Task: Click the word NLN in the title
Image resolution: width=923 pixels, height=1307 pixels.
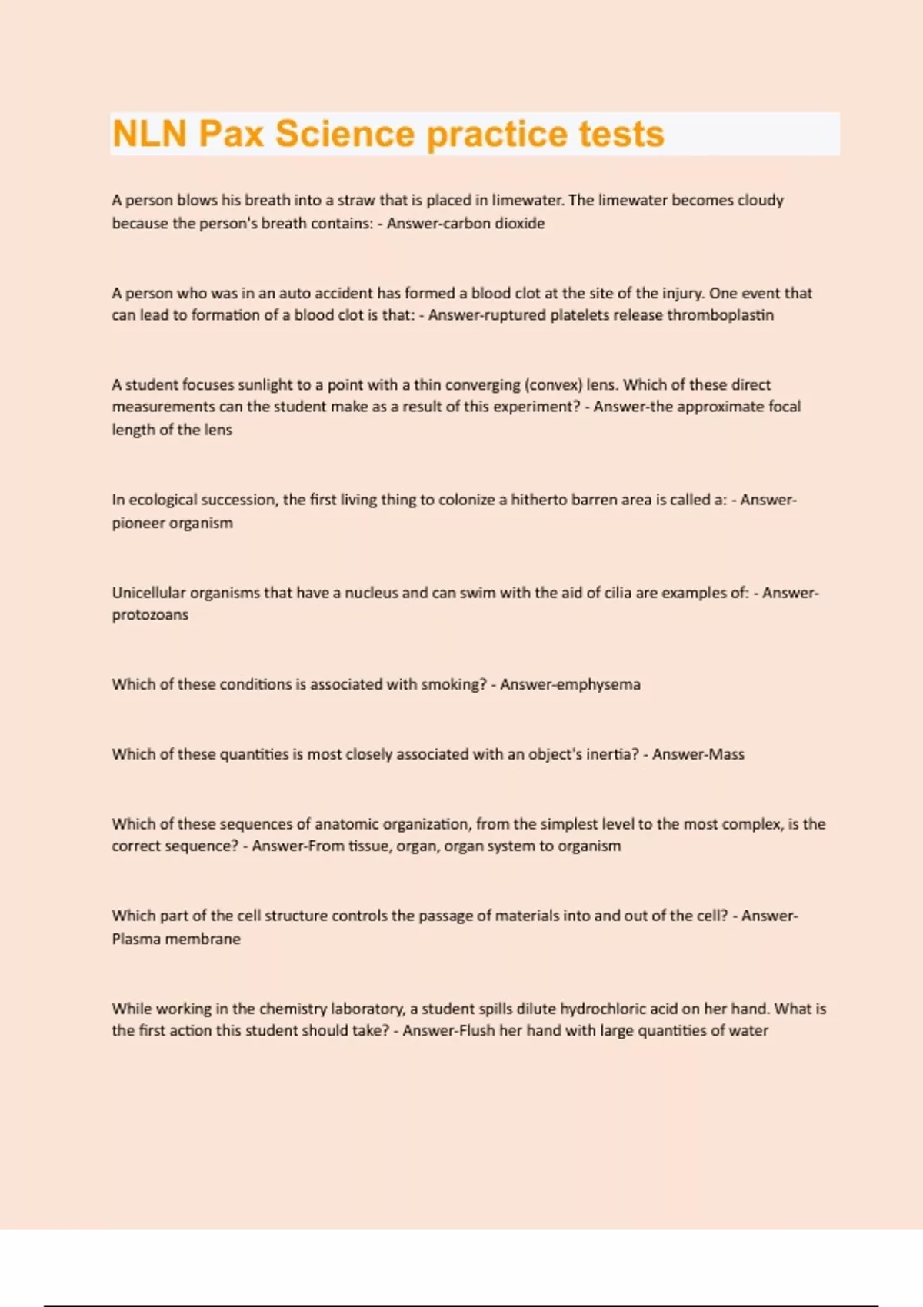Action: (149, 134)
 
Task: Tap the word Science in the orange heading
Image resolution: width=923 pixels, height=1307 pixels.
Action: (345, 134)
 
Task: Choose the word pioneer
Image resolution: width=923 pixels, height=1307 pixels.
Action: (138, 523)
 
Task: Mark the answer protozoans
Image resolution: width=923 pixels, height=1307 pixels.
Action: (150, 614)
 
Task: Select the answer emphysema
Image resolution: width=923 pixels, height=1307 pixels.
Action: (594, 684)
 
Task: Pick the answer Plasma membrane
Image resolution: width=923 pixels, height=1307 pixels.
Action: (176, 939)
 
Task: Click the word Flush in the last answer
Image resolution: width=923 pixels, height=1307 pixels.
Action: (476, 1030)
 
